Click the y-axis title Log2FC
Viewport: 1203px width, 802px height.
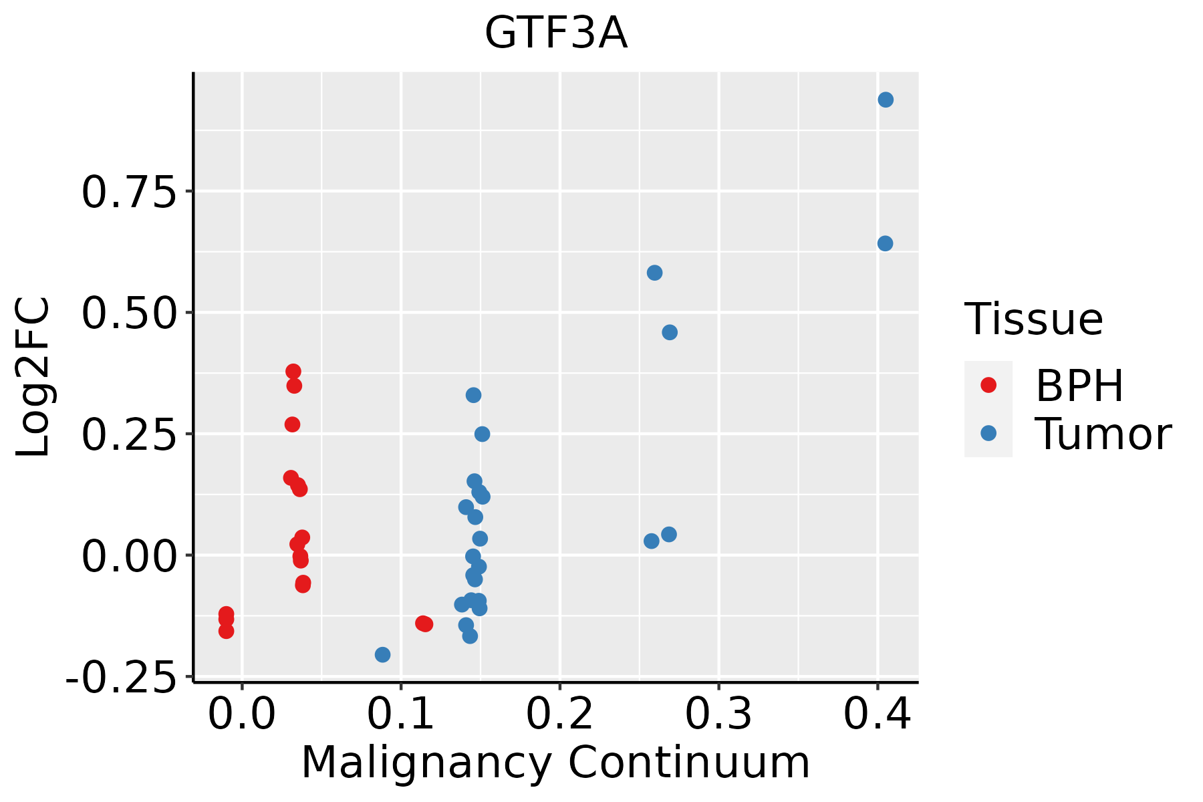click(33, 378)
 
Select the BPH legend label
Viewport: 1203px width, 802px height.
click(1079, 386)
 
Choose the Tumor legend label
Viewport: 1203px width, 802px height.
click(1103, 434)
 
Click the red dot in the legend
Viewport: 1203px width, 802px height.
click(988, 385)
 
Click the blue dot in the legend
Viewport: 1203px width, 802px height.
click(988, 433)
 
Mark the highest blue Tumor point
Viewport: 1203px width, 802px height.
click(886, 100)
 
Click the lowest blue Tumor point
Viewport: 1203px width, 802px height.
click(382, 654)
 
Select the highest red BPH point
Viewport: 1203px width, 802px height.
click(293, 372)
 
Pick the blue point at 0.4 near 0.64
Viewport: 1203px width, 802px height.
click(885, 243)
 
